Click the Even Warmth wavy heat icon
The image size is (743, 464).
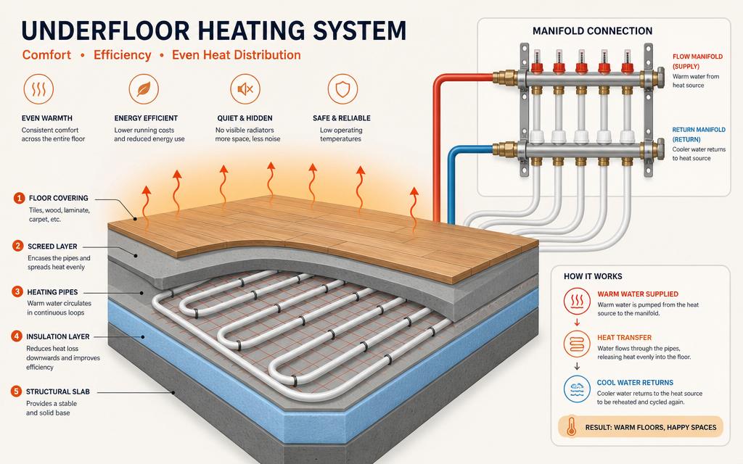coord(38,89)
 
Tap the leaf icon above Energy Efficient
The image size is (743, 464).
coord(144,89)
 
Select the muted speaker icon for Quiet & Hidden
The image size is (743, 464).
coord(245,89)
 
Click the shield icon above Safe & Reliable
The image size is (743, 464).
coord(342,89)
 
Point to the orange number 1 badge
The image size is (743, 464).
coord(19,198)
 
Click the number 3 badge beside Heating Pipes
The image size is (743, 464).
coord(17,291)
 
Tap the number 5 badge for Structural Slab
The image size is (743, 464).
coord(17,391)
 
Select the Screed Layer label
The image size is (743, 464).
coord(52,246)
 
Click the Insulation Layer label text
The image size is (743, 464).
coord(58,336)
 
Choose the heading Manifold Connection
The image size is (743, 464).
coord(592,31)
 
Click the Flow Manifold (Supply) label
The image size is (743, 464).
coord(697,62)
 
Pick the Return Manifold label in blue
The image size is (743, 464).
coord(699,134)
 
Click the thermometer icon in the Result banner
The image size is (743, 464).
coord(572,426)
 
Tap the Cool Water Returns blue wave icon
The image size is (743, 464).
coord(577,389)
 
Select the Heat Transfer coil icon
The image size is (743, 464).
coord(577,344)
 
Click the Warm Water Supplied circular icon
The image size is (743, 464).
coord(577,301)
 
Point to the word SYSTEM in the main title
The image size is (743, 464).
coord(360,30)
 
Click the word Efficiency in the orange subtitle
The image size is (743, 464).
coord(122,55)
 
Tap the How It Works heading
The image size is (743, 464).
coord(593,276)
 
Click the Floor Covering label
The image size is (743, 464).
coord(58,198)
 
